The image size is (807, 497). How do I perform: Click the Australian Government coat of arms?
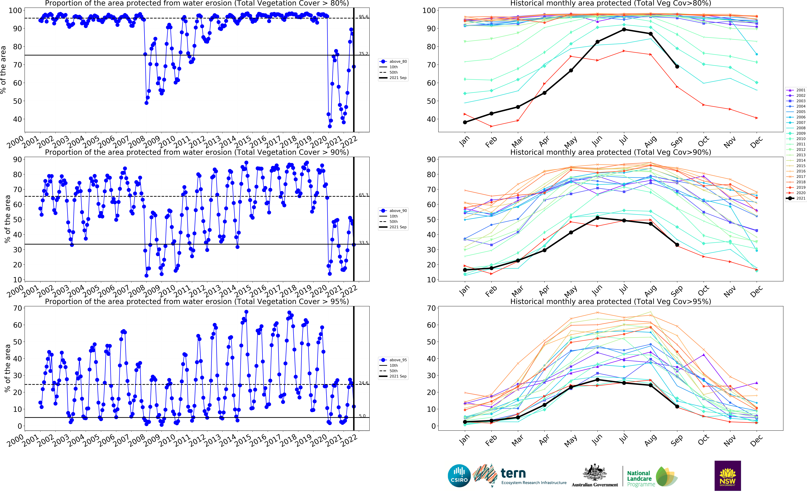pyautogui.click(x=595, y=473)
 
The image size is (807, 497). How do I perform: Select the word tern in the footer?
pyautogui.click(x=513, y=473)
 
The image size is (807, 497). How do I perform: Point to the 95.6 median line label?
pyautogui.click(x=363, y=17)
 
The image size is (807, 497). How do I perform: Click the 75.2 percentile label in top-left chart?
pyautogui.click(x=363, y=54)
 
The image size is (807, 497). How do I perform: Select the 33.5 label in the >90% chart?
pyautogui.click(x=363, y=243)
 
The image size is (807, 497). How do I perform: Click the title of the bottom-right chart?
pyautogui.click(x=610, y=301)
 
